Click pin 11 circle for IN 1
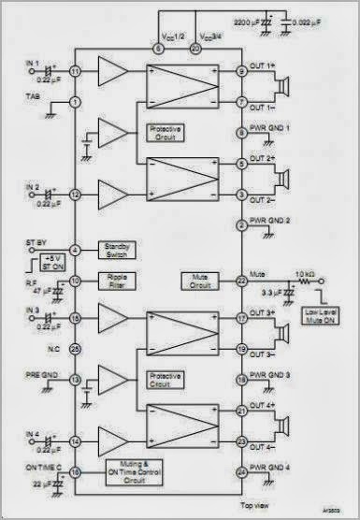tap(74, 71)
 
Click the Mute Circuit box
tap(198, 280)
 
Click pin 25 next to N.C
tap(74, 348)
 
